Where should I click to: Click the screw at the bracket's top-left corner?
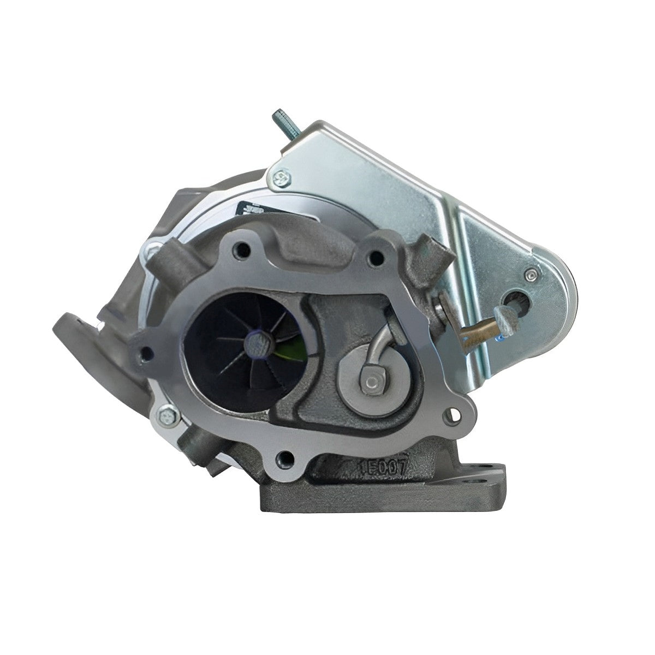(282, 176)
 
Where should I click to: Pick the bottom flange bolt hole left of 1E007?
(283, 457)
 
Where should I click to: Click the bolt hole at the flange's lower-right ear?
(452, 416)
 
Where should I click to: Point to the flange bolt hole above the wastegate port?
(375, 255)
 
